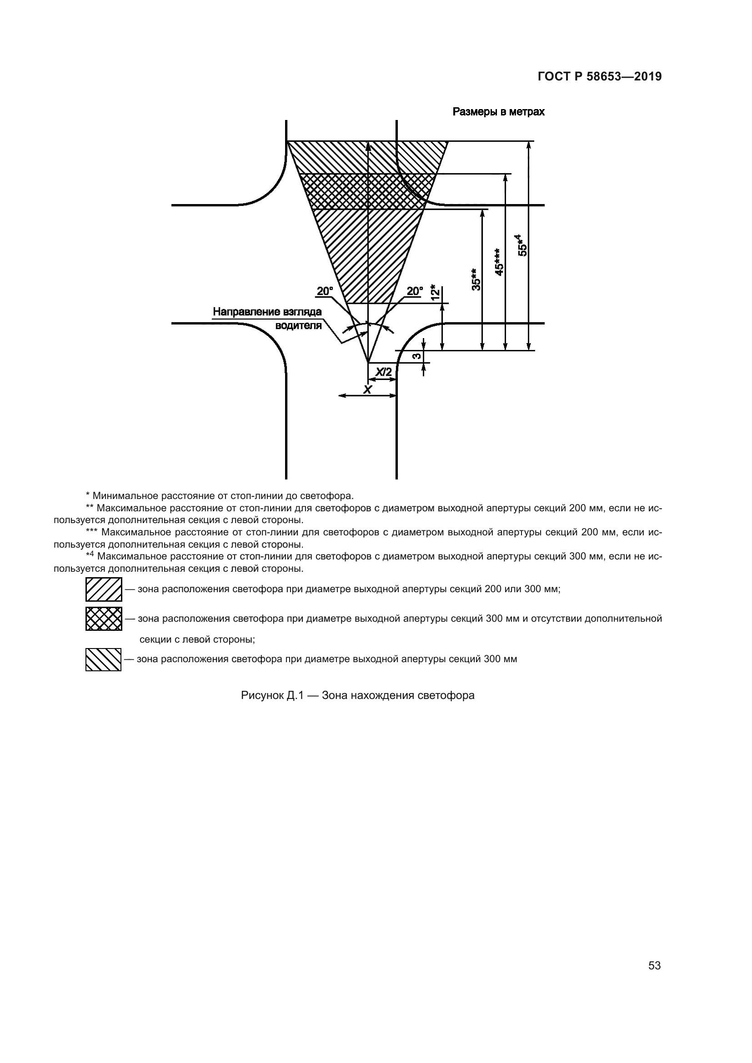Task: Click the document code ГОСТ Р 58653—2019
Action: [600, 76]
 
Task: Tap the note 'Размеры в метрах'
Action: [498, 112]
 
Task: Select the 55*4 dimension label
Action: [522, 245]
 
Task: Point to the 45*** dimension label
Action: [498, 262]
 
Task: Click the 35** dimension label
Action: [476, 279]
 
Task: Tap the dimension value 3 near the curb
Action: [416, 356]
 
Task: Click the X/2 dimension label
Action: [383, 372]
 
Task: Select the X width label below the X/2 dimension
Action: [367, 390]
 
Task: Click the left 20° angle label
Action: [325, 291]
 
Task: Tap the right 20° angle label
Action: [415, 291]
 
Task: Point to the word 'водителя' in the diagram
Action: [298, 325]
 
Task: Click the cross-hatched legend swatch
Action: [104, 619]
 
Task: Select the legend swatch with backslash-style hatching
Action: [103, 659]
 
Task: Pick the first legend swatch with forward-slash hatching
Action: [104, 589]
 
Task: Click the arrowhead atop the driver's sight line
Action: [368, 147]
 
